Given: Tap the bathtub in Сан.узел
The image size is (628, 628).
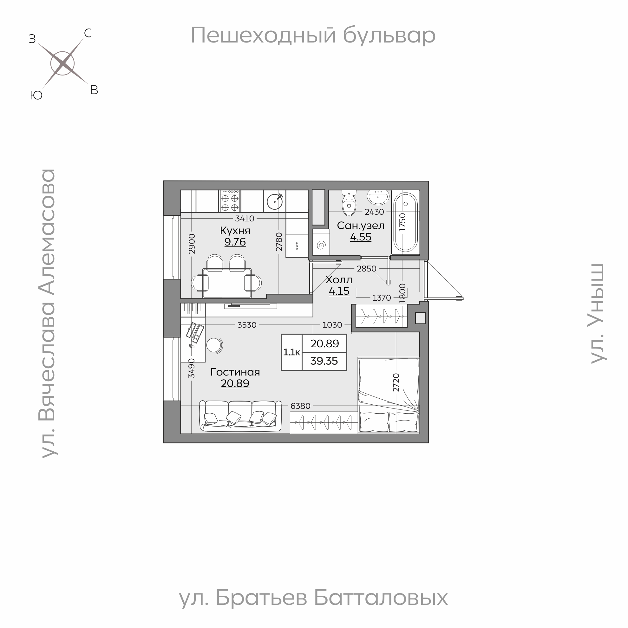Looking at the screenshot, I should (x=405, y=222).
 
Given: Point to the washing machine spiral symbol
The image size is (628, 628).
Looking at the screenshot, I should (x=321, y=245).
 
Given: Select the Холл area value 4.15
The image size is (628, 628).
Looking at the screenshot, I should (x=339, y=291).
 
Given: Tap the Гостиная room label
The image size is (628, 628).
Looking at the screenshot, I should (x=235, y=372).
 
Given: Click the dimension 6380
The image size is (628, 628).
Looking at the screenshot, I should (x=300, y=406).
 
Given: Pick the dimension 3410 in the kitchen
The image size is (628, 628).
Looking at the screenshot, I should (x=245, y=219).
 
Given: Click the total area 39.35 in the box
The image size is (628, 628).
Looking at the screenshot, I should (x=324, y=361).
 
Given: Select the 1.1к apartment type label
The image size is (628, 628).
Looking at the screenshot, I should (x=291, y=352).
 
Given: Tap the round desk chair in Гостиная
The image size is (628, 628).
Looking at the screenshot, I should (x=214, y=345).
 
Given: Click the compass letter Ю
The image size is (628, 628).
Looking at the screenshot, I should (x=36, y=95).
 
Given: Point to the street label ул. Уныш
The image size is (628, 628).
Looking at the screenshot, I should (x=598, y=314).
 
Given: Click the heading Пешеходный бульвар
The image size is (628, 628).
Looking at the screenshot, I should (x=313, y=35).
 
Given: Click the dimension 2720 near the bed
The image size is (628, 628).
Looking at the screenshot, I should (x=396, y=383).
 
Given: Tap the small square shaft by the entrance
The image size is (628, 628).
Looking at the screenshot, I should (x=420, y=318).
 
